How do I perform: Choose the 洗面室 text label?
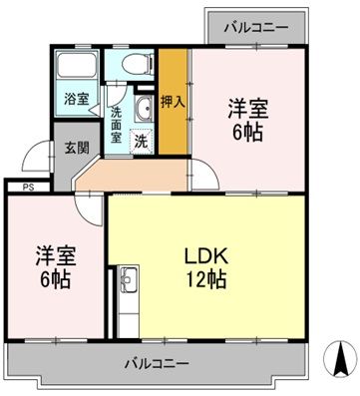point(117,125)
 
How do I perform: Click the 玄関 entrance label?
point(76,149)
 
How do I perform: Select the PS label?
point(16,186)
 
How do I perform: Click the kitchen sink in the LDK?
point(127,283)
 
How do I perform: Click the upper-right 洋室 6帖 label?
point(246,119)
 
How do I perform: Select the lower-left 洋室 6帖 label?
point(55,264)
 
